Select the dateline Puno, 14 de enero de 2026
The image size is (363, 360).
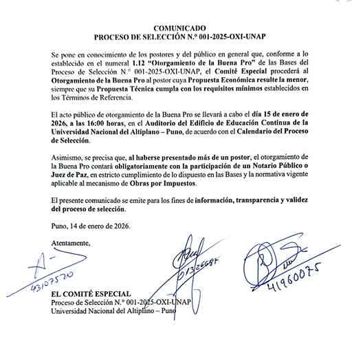[90, 225]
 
